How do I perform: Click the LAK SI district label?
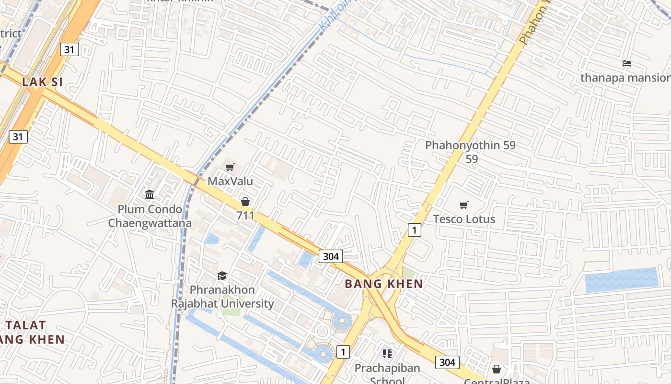click(x=42, y=82)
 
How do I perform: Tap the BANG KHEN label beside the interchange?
click(x=384, y=284)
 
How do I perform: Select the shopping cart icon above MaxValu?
click(x=230, y=168)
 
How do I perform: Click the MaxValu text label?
click(x=230, y=181)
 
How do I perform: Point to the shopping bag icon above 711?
click(x=245, y=202)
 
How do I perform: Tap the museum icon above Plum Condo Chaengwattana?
click(x=150, y=195)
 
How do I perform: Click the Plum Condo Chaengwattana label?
click(x=150, y=216)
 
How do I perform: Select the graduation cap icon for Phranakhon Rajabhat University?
click(x=222, y=276)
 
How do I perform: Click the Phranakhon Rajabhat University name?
click(x=223, y=297)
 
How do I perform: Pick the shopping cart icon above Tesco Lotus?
click(x=463, y=205)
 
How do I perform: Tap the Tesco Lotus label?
click(x=464, y=219)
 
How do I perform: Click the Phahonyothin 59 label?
click(x=470, y=145)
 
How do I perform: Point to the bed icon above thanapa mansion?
click(x=626, y=63)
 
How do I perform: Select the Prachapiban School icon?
click(x=387, y=354)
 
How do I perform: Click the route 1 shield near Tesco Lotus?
click(x=414, y=230)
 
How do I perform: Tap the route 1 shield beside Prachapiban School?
click(x=343, y=352)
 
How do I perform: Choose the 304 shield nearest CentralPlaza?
click(x=447, y=362)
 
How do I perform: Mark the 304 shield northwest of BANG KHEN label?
click(x=331, y=256)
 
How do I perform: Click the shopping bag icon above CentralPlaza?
click(x=497, y=369)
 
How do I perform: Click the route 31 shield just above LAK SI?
click(x=69, y=49)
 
